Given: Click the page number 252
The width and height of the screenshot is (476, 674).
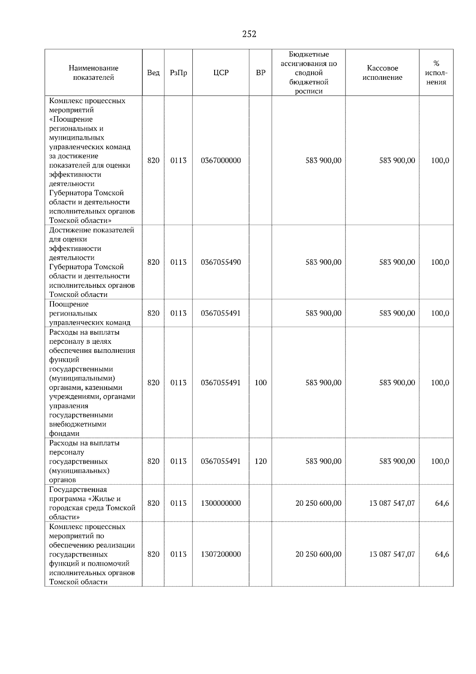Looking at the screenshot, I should tap(249, 34).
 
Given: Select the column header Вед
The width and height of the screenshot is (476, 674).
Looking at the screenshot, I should tap(153, 73).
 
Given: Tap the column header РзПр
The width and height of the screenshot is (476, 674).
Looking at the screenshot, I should tap(178, 73).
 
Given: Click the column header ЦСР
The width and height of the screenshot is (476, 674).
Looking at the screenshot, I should tap(221, 73).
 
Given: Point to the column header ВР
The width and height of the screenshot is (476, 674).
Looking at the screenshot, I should tap(261, 73).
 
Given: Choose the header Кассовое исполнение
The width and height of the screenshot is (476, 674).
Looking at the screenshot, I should tap(382, 73).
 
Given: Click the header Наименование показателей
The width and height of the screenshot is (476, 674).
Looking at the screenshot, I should tap(93, 73).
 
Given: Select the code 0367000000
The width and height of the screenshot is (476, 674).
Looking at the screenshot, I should tap(221, 161).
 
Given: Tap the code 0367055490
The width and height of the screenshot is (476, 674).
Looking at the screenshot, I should tap(221, 262).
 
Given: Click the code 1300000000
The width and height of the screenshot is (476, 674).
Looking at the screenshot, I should tap(221, 503).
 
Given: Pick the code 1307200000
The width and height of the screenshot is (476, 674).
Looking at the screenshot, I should tap(221, 555).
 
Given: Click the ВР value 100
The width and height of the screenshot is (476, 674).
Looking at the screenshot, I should tap(261, 383).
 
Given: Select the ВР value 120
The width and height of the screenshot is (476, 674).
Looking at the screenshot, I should tap(261, 462).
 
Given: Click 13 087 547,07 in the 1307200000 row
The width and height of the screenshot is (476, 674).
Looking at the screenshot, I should tap(392, 555).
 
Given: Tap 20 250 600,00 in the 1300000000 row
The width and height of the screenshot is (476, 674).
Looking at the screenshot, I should tap(318, 503).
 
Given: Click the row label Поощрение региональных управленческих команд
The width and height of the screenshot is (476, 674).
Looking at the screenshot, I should tap(90, 314).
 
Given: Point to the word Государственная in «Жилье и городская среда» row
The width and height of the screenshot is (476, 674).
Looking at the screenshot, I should tap(78, 490).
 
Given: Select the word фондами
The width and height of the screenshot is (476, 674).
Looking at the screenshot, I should tap(64, 434).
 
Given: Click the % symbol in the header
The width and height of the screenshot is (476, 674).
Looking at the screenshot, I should tap(436, 64).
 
